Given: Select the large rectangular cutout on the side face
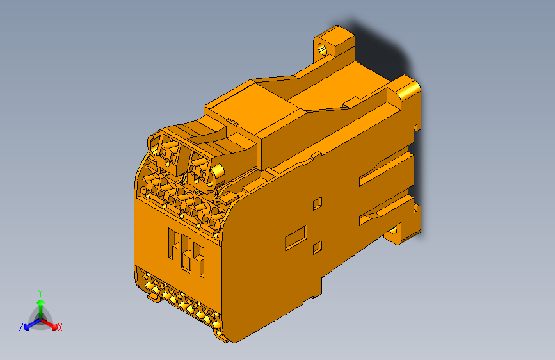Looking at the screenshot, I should [296, 237].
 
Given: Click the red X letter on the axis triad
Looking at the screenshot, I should [60, 328].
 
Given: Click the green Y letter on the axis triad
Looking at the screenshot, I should [40, 291].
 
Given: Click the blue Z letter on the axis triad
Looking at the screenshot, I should [21, 327].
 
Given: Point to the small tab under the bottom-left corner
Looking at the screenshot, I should [154, 297].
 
